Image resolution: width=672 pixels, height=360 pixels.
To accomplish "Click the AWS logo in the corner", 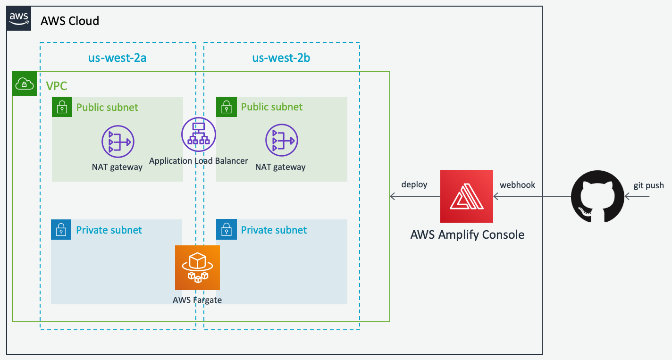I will [19, 19].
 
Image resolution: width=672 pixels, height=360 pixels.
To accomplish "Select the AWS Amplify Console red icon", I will [466, 196].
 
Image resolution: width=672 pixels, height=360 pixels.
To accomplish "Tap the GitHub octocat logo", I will [598, 196].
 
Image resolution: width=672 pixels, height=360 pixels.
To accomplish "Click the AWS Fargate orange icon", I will [197, 268].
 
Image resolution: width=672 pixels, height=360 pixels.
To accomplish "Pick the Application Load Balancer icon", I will [199, 134].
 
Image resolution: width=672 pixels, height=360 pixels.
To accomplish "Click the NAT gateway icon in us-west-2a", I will [118, 141].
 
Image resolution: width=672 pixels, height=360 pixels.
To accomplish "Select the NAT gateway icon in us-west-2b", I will [282, 141].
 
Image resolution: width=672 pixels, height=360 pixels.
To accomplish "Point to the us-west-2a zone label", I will [118, 58].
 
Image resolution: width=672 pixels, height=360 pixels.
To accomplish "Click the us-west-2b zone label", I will [281, 58].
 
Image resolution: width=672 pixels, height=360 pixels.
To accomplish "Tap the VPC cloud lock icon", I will [24, 84].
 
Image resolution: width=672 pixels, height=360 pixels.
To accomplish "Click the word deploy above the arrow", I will [414, 184].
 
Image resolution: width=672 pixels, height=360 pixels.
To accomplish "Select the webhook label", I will [518, 185].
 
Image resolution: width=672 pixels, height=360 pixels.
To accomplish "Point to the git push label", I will [648, 185].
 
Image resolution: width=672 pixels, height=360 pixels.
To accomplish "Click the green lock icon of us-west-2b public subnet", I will [226, 107].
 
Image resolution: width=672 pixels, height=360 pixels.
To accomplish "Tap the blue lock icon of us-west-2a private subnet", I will [61, 230].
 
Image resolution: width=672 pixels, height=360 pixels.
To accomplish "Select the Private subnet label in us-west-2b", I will [274, 230].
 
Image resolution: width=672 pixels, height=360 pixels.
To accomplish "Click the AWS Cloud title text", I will [70, 21].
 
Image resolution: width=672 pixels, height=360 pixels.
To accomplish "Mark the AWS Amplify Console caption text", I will [467, 234].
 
